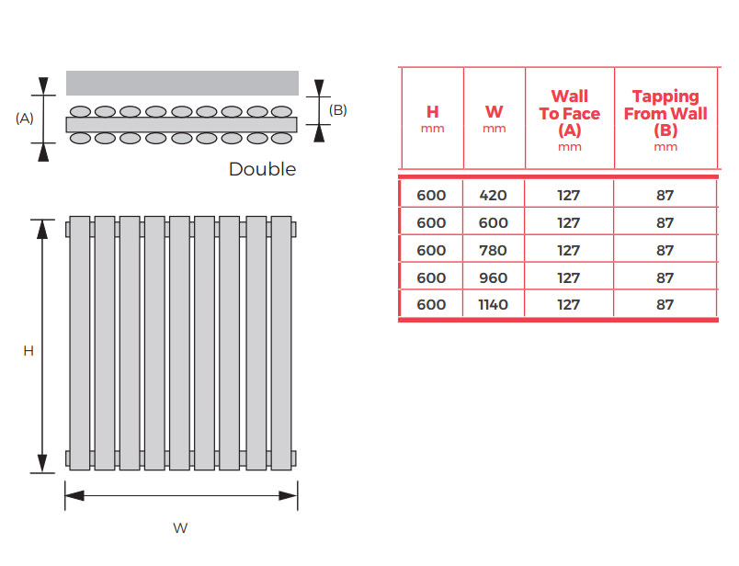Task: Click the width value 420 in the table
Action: [x=493, y=195]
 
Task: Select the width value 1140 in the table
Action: [x=493, y=304]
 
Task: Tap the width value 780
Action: [x=493, y=250]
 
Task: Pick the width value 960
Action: [x=493, y=277]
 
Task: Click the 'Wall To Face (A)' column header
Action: [x=569, y=119]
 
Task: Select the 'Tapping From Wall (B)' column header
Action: [x=665, y=119]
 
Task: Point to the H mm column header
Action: [x=432, y=119]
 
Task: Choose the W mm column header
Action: [x=494, y=119]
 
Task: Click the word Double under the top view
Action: [x=263, y=169]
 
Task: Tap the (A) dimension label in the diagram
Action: [x=25, y=119]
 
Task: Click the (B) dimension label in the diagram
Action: [x=338, y=110]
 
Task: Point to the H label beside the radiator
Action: [x=28, y=351]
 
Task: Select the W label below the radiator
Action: [x=180, y=527]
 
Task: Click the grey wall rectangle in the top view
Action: [x=182, y=83]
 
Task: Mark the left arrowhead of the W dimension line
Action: [x=74, y=496]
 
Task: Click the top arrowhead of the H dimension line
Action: [x=42, y=229]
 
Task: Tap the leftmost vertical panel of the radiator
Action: [x=80, y=343]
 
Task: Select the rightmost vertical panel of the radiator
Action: [x=281, y=343]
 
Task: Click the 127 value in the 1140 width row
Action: [x=568, y=304]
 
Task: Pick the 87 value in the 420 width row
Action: [x=665, y=195]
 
